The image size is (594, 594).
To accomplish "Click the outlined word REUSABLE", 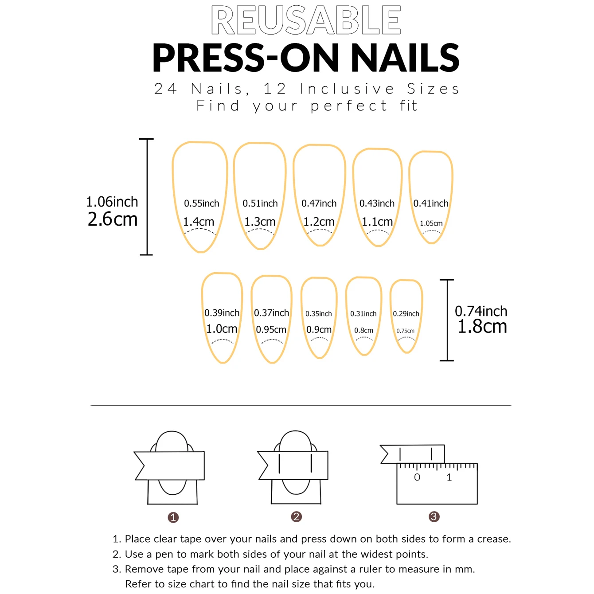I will point(306,20).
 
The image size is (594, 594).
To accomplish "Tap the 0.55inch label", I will point(202,203).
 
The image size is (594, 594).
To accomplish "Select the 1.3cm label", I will point(260,222).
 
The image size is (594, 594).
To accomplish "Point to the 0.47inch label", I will point(319,203).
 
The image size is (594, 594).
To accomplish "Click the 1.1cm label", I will point(377,222).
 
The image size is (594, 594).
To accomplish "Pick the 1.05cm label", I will point(431,223).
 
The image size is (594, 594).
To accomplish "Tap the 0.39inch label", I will point(222,313).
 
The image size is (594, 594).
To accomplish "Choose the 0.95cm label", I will point(271,330).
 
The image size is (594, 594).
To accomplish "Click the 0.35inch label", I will point(318,314).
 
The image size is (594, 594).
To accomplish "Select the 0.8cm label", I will point(363,330).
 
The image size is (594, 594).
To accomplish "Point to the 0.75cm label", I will point(405,331).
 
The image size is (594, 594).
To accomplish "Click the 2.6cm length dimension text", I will point(113,219).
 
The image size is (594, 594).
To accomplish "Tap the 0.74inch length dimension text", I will point(481,311).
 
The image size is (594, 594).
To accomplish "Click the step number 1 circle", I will point(173,517).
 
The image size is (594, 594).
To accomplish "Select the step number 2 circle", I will point(296,516).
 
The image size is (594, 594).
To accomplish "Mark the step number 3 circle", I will point(434,516).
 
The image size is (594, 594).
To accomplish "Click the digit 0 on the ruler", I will point(417,477).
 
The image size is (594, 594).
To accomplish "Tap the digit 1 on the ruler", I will point(449,477).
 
